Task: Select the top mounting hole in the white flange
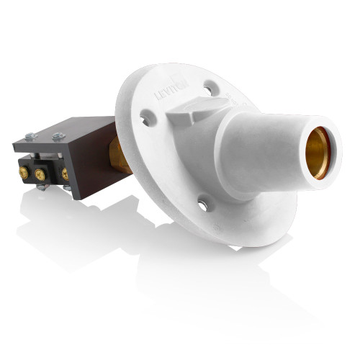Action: point(209,89)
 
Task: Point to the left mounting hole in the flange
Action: point(147,117)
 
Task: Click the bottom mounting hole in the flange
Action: point(203,206)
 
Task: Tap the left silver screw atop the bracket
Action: point(30,135)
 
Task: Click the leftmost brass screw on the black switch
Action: point(23,173)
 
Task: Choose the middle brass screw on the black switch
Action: point(40,174)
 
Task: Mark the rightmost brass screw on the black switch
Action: point(65,174)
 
